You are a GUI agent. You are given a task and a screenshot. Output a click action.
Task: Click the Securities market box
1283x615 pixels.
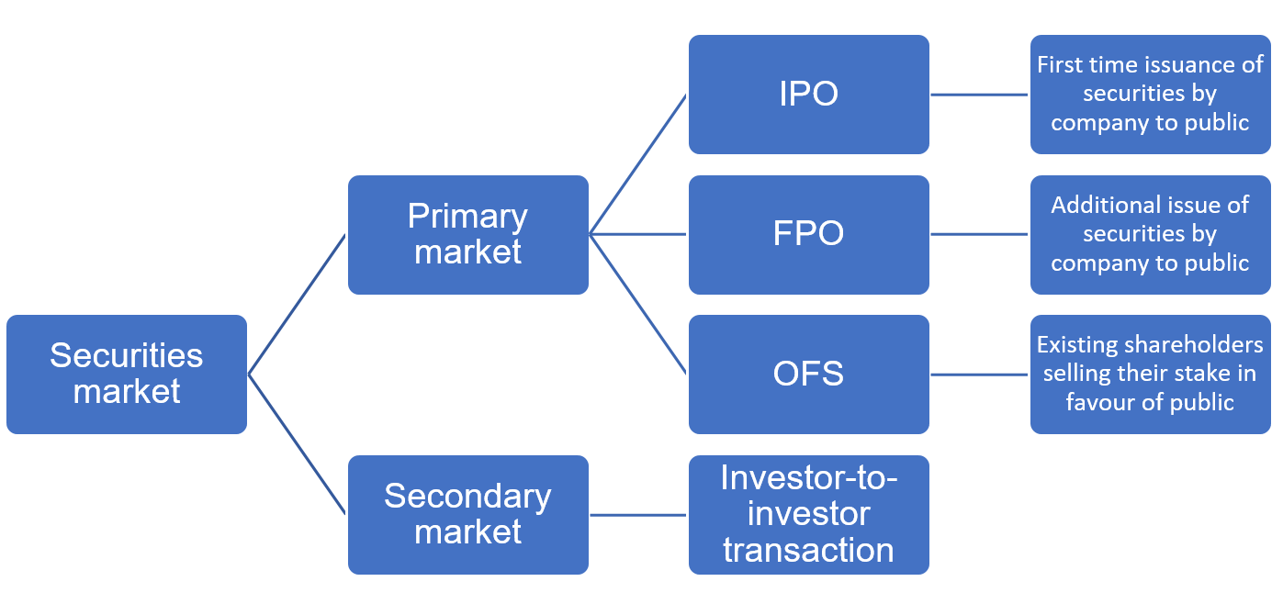(x=127, y=375)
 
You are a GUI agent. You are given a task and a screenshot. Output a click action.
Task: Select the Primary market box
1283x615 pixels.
(x=468, y=235)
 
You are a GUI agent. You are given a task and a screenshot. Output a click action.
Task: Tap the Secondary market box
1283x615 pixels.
(x=468, y=515)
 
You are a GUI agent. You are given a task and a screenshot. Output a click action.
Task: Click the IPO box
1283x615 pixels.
(x=809, y=95)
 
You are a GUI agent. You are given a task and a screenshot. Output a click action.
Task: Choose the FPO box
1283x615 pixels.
(x=809, y=235)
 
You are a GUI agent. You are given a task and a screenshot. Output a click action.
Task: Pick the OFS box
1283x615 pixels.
(x=809, y=375)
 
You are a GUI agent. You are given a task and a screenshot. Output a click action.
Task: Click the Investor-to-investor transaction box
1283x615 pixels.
(x=809, y=515)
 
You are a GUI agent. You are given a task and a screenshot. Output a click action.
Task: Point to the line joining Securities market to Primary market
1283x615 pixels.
(x=298, y=305)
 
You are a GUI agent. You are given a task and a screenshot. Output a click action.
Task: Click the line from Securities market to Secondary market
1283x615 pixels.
(x=298, y=444)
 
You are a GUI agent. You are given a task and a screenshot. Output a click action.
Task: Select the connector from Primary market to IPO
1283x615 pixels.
(x=638, y=164)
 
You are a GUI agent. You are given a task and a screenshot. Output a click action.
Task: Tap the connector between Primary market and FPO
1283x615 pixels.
(x=638, y=234)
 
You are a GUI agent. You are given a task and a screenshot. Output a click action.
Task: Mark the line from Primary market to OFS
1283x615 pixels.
(x=638, y=304)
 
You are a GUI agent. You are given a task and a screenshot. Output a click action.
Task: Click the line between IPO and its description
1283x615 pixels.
(x=979, y=95)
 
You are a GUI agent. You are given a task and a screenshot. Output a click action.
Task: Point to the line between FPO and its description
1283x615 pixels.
(x=979, y=234)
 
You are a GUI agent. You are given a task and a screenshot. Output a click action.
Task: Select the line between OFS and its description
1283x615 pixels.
(x=979, y=375)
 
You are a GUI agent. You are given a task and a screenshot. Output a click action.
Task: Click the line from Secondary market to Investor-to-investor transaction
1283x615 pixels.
(x=638, y=515)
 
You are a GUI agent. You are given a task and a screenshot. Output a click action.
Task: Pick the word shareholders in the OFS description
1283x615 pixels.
(x=1190, y=345)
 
